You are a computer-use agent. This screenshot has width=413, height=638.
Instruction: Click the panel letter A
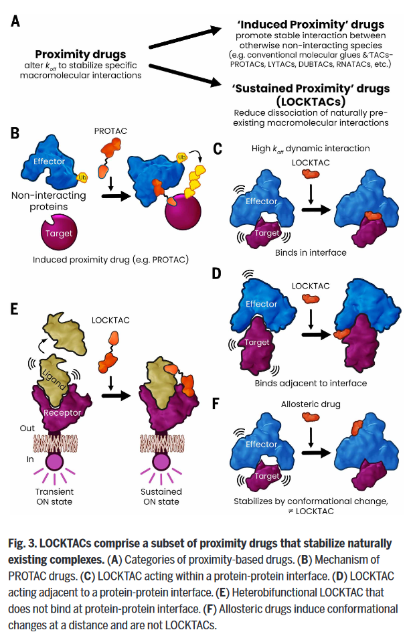pos(15,21)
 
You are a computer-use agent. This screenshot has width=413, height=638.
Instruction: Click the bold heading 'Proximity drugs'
pos(80,54)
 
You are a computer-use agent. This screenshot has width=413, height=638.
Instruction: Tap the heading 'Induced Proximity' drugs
pos(311,24)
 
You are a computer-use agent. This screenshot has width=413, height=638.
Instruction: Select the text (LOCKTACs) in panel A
pos(311,101)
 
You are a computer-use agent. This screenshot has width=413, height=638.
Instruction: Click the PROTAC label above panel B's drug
pos(110,131)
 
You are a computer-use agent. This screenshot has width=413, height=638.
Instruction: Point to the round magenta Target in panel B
pos(59,233)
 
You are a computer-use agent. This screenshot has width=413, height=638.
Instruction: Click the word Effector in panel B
pos(50,161)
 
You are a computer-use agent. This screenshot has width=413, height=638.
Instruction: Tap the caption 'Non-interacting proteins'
pos(49,201)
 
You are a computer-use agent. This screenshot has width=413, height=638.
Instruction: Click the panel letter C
pos(218,149)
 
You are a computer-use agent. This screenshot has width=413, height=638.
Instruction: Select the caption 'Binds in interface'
pos(311,252)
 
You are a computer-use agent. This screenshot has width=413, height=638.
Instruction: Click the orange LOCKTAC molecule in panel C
pos(311,174)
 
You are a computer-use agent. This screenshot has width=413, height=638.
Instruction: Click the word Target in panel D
pos(257,343)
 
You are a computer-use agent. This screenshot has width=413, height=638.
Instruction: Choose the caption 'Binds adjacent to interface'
pos(311,384)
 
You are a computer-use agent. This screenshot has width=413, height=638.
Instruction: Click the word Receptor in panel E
pos(62,412)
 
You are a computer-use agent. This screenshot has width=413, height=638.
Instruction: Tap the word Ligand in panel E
pos(54,379)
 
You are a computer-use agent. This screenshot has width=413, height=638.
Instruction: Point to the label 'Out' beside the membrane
pos(27,428)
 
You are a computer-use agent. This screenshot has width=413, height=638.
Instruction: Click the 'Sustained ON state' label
pos(161,496)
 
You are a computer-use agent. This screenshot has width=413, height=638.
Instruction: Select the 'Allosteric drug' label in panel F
pos(311,404)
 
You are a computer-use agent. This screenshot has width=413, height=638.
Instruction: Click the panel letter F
pos(216,404)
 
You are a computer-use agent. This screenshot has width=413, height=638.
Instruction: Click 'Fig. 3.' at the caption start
pos(22,544)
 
